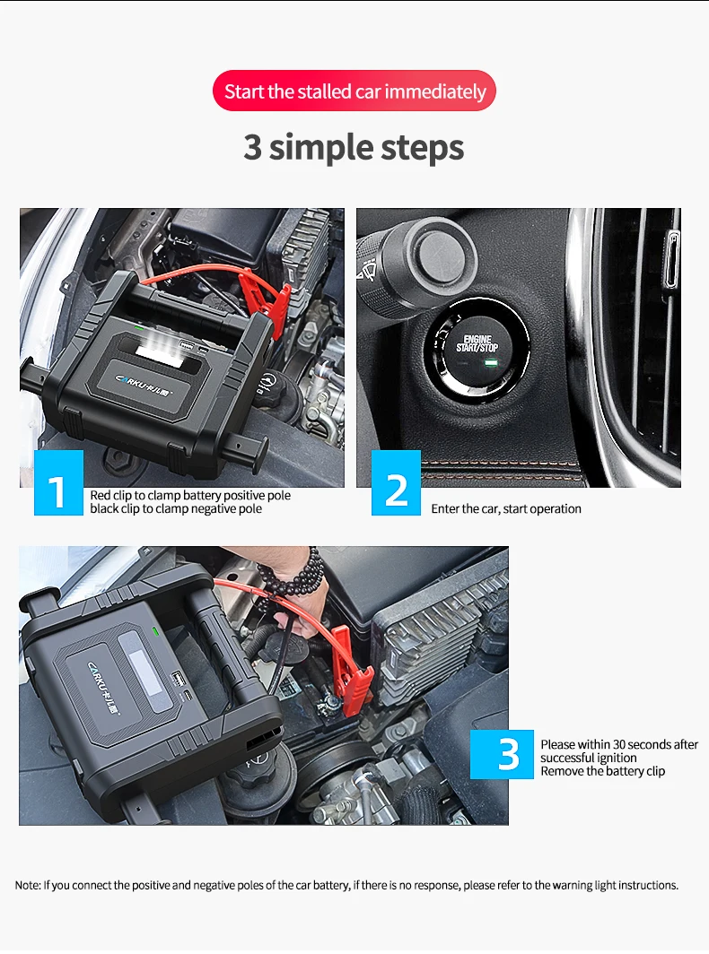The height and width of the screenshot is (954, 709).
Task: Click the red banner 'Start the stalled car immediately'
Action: pyautogui.click(x=354, y=91)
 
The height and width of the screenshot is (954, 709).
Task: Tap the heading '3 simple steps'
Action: pyautogui.click(x=354, y=148)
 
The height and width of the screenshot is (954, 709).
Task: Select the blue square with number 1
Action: pyautogui.click(x=58, y=482)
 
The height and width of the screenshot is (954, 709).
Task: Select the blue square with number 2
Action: pyautogui.click(x=396, y=482)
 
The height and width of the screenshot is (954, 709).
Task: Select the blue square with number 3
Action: pyautogui.click(x=502, y=754)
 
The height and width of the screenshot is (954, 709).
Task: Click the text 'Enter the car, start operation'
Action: pyautogui.click(x=506, y=508)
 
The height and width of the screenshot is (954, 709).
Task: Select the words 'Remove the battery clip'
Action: pyautogui.click(x=602, y=771)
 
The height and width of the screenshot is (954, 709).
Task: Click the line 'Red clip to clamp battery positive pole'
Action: pyautogui.click(x=190, y=495)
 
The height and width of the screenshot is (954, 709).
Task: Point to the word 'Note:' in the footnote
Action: pyautogui.click(x=28, y=885)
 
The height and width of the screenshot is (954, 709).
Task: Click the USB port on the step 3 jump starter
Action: pyautogui.click(x=178, y=678)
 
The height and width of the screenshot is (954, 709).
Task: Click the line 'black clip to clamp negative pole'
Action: pyautogui.click(x=176, y=508)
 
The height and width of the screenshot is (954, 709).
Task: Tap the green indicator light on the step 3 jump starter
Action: pyautogui.click(x=154, y=631)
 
